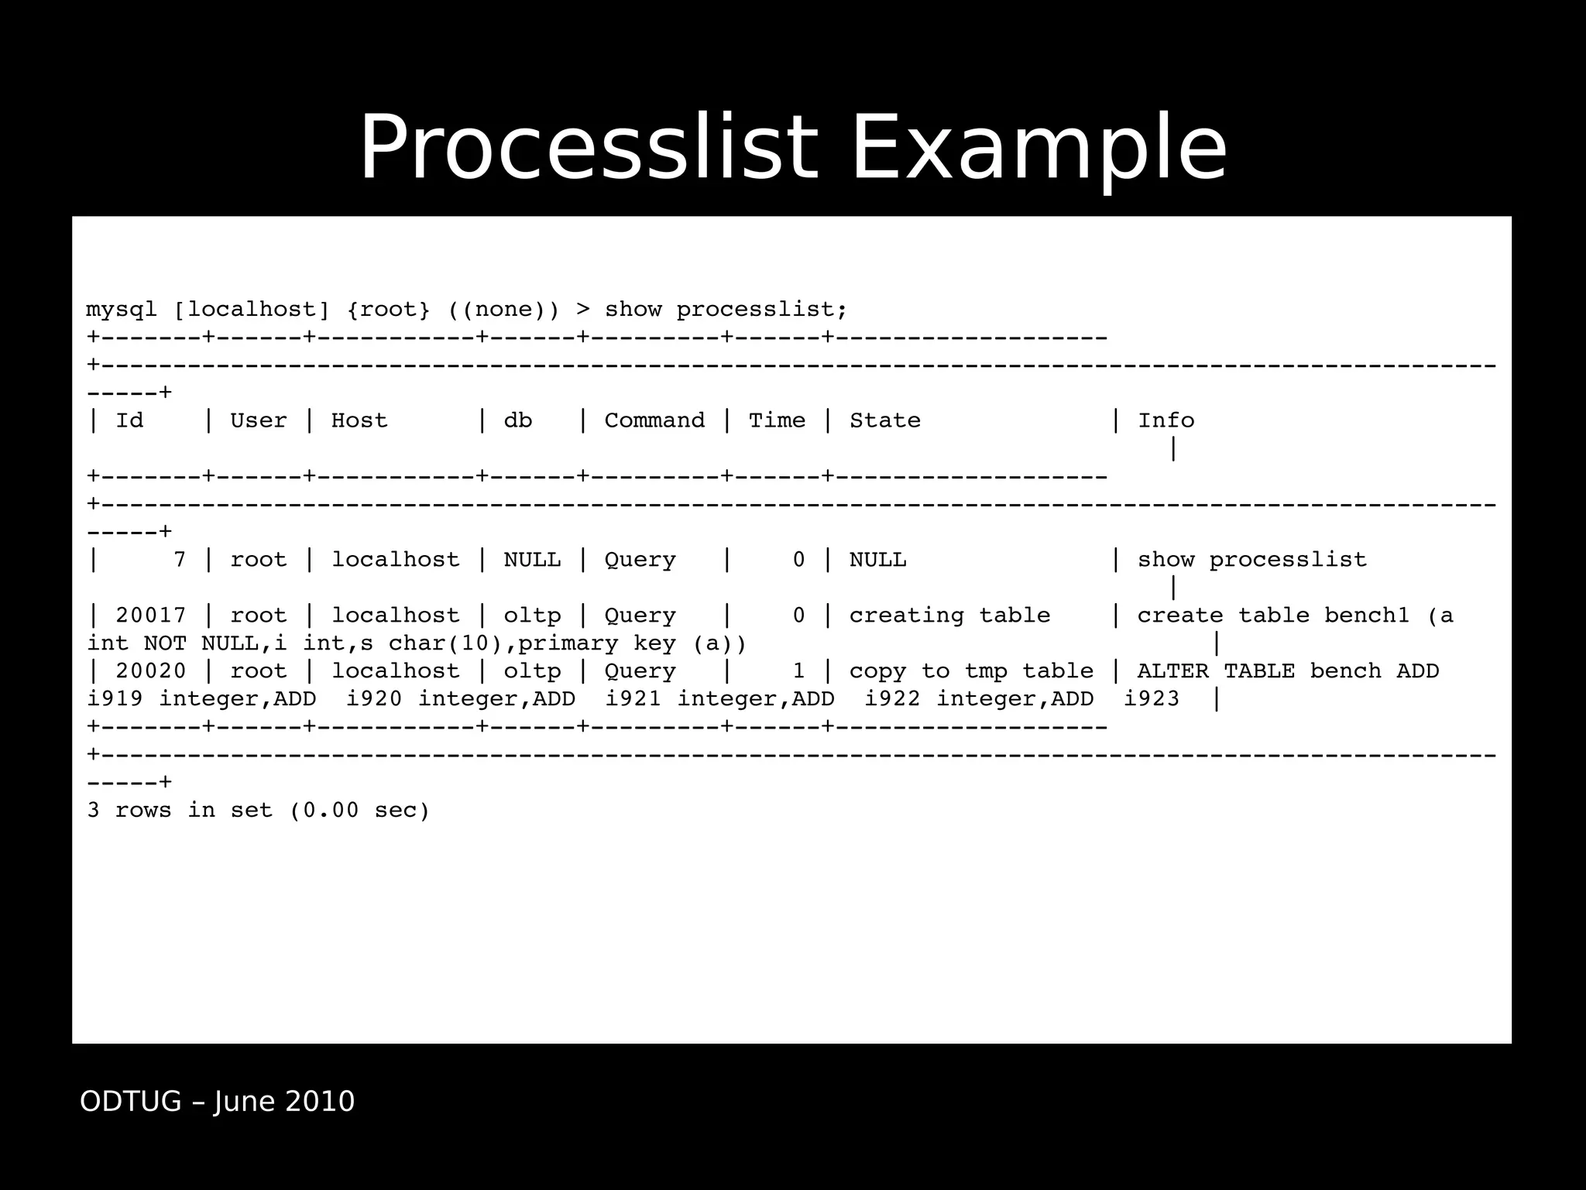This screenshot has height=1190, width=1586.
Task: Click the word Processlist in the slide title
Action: pyautogui.click(x=589, y=147)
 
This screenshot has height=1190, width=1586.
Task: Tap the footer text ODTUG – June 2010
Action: pyautogui.click(x=217, y=1101)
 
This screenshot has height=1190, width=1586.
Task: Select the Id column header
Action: pyautogui.click(x=129, y=420)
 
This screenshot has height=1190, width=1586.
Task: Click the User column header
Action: pyautogui.click(x=258, y=420)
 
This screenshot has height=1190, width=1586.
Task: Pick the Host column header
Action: pyautogui.click(x=359, y=420)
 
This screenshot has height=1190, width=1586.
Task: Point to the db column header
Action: pyautogui.click(x=518, y=420)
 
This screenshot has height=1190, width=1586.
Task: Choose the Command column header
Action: pyautogui.click(x=654, y=420)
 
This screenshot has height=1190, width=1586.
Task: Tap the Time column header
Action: pyautogui.click(x=777, y=420)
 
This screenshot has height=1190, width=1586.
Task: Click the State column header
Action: pyautogui.click(x=885, y=420)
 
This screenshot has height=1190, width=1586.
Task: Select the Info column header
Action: pyautogui.click(x=1165, y=420)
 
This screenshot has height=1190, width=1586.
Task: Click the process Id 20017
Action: pyautogui.click(x=151, y=616)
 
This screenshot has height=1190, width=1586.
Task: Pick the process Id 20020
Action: pyautogui.click(x=151, y=671)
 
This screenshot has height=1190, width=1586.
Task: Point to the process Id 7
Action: pyautogui.click(x=180, y=560)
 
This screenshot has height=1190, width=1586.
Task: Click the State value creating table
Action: pyautogui.click(x=949, y=616)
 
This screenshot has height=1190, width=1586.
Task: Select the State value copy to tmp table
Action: pyautogui.click(x=971, y=671)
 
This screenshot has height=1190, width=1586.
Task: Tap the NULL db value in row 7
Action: pyautogui.click(x=532, y=560)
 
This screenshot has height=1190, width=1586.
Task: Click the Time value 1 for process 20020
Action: pyautogui.click(x=798, y=671)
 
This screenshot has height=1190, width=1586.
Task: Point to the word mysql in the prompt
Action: pyautogui.click(x=122, y=310)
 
